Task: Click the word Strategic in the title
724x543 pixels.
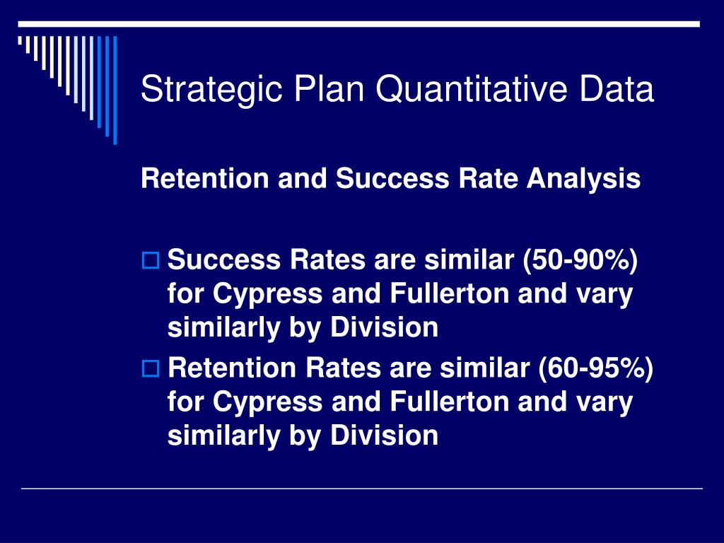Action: [211, 90]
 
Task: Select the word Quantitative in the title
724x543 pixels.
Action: [471, 89]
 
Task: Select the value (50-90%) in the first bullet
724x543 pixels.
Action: [580, 260]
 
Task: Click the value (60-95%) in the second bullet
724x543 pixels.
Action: [595, 368]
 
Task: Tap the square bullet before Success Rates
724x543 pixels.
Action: [151, 261]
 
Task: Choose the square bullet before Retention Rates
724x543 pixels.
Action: [151, 369]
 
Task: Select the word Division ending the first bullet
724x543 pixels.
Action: [384, 327]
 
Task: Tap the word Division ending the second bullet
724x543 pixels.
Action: [384, 436]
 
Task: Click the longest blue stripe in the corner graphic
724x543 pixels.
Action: [115, 90]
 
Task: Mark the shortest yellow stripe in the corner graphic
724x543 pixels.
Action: [20, 40]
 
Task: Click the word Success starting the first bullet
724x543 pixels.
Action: [224, 259]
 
